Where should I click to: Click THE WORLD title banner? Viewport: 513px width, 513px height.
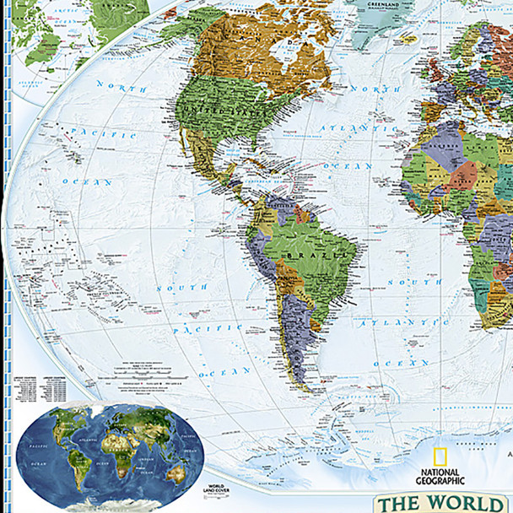pyautogui.click(x=444, y=502)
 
